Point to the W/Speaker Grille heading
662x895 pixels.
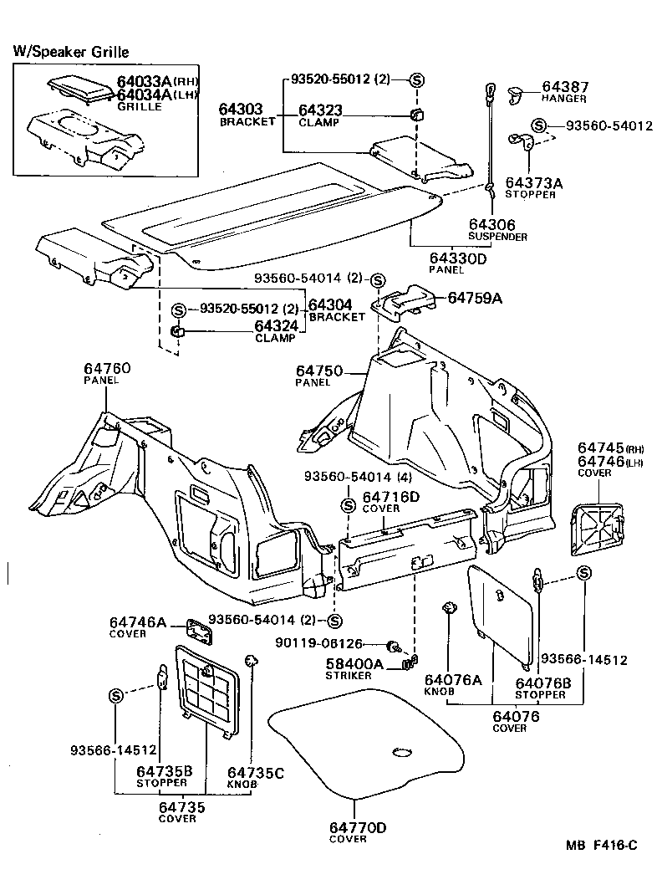[71, 52]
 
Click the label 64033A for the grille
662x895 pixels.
[144, 81]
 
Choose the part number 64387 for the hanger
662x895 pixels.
[565, 86]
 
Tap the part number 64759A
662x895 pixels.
[476, 297]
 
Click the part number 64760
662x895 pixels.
[106, 368]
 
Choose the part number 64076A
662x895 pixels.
[453, 680]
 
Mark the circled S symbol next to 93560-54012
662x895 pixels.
[540, 125]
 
